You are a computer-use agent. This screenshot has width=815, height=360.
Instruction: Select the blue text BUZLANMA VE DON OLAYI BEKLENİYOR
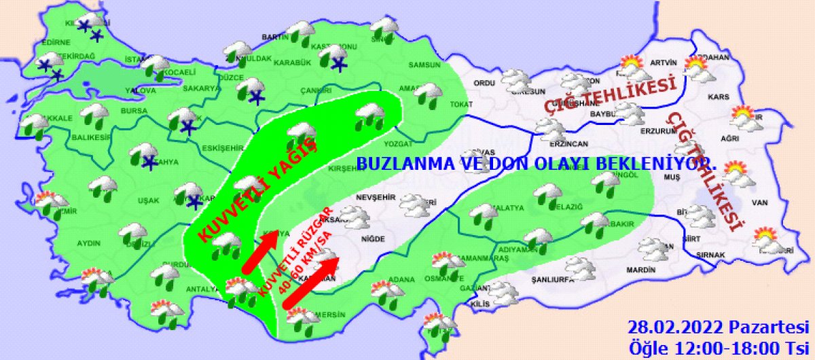tap(537, 164)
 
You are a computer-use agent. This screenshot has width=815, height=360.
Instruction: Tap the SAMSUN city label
tap(424, 65)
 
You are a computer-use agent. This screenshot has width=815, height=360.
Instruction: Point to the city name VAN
tap(759, 202)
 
